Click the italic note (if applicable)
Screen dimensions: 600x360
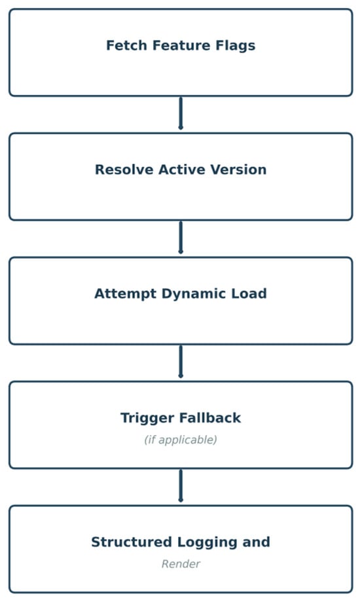[x=181, y=440]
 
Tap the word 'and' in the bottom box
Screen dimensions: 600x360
[x=256, y=542]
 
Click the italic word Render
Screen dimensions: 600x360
[x=181, y=564]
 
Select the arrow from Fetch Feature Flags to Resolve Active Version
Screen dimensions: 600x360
[x=181, y=114]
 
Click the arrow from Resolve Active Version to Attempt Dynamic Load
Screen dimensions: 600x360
[x=181, y=238]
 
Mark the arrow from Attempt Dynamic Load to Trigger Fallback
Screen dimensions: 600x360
[x=181, y=362]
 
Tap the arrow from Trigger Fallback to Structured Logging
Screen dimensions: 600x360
[x=181, y=486]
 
